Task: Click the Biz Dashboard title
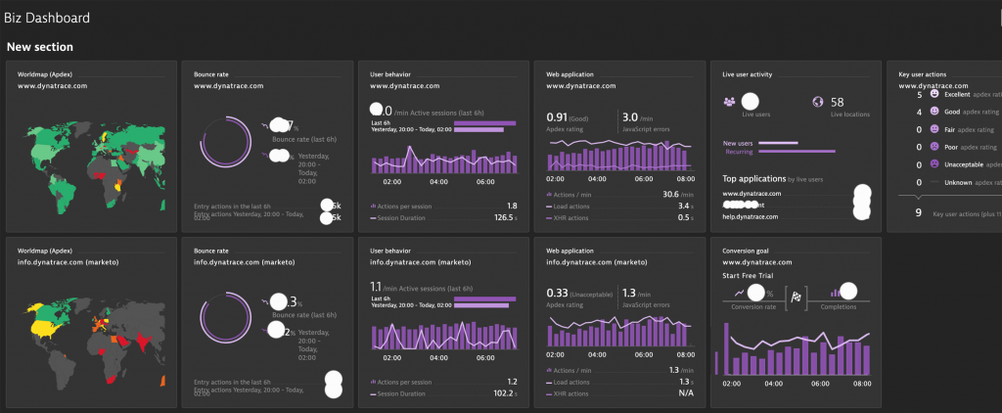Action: (47, 18)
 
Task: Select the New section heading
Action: (39, 47)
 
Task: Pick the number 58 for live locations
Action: (837, 102)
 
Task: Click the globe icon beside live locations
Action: (818, 102)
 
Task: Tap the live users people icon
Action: (729, 102)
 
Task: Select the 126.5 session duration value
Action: (503, 217)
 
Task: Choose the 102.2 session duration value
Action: (503, 393)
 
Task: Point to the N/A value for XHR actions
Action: (684, 393)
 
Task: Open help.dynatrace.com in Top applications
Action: (751, 216)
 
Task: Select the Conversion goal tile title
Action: (745, 250)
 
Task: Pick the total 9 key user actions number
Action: (917, 210)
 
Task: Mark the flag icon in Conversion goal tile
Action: (797, 293)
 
